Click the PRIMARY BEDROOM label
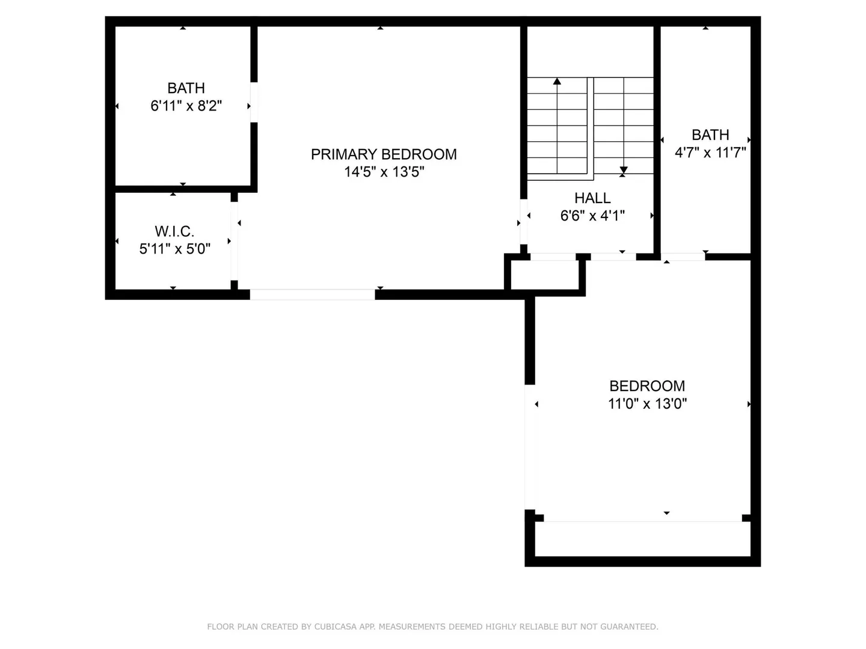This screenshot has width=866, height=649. click(x=384, y=154)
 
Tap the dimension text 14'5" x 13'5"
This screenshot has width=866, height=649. click(x=384, y=172)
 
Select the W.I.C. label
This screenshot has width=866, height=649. click(x=174, y=231)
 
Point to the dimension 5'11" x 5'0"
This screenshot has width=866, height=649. click(x=175, y=249)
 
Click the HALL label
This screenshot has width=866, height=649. click(x=592, y=198)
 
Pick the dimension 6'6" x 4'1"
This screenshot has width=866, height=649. click(x=592, y=216)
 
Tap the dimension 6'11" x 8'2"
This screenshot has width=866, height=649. click(x=186, y=106)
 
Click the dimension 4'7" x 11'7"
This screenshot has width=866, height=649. click(x=710, y=152)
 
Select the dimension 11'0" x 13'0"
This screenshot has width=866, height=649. click(x=647, y=403)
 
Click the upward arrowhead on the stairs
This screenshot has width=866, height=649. click(x=557, y=81)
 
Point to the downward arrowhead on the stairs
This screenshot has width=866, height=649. click(x=624, y=170)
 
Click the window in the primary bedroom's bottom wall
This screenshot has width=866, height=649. click(x=312, y=294)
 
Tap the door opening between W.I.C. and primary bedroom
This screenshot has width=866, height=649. click(x=234, y=241)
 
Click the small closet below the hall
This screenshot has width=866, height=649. click(x=545, y=275)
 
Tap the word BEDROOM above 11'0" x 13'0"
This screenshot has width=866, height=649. click(x=647, y=386)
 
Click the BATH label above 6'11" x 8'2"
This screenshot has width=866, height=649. click(x=186, y=88)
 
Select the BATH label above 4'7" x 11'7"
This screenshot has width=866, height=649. click(x=710, y=135)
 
